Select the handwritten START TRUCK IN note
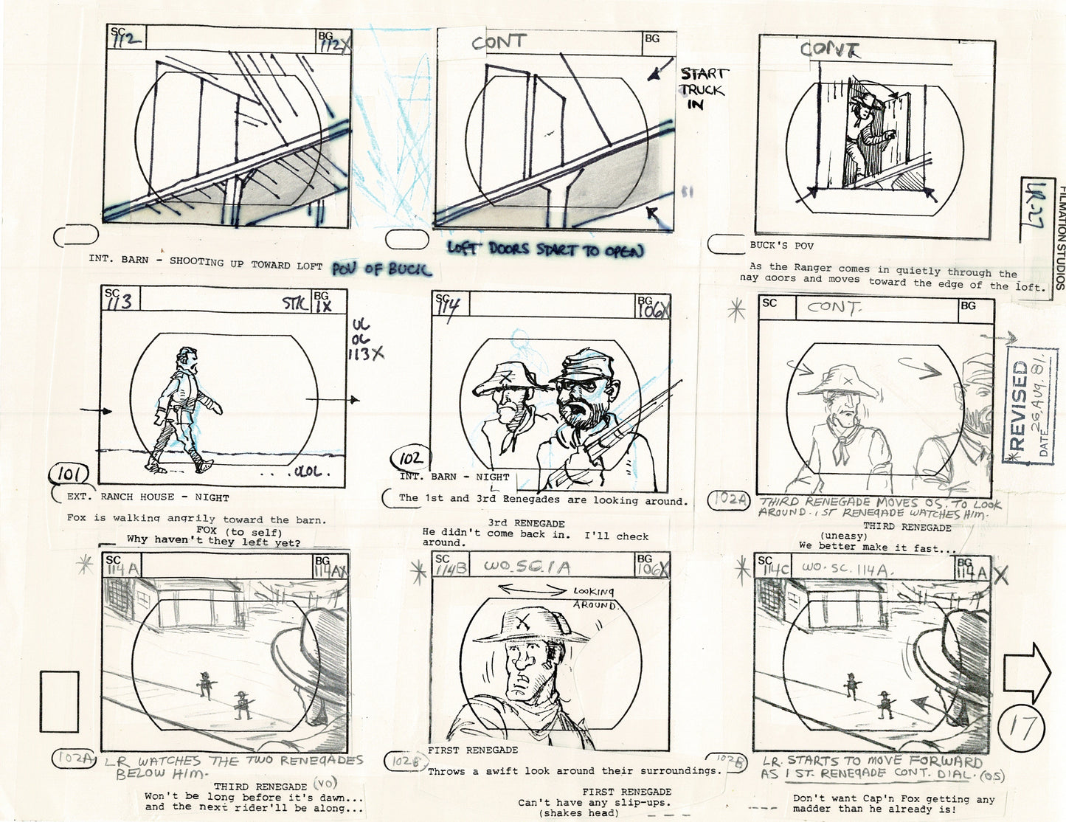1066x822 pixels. (x=702, y=89)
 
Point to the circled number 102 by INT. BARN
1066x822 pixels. (x=409, y=460)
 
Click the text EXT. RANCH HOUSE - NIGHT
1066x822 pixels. (x=148, y=498)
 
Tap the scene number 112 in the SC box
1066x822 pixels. (x=125, y=39)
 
